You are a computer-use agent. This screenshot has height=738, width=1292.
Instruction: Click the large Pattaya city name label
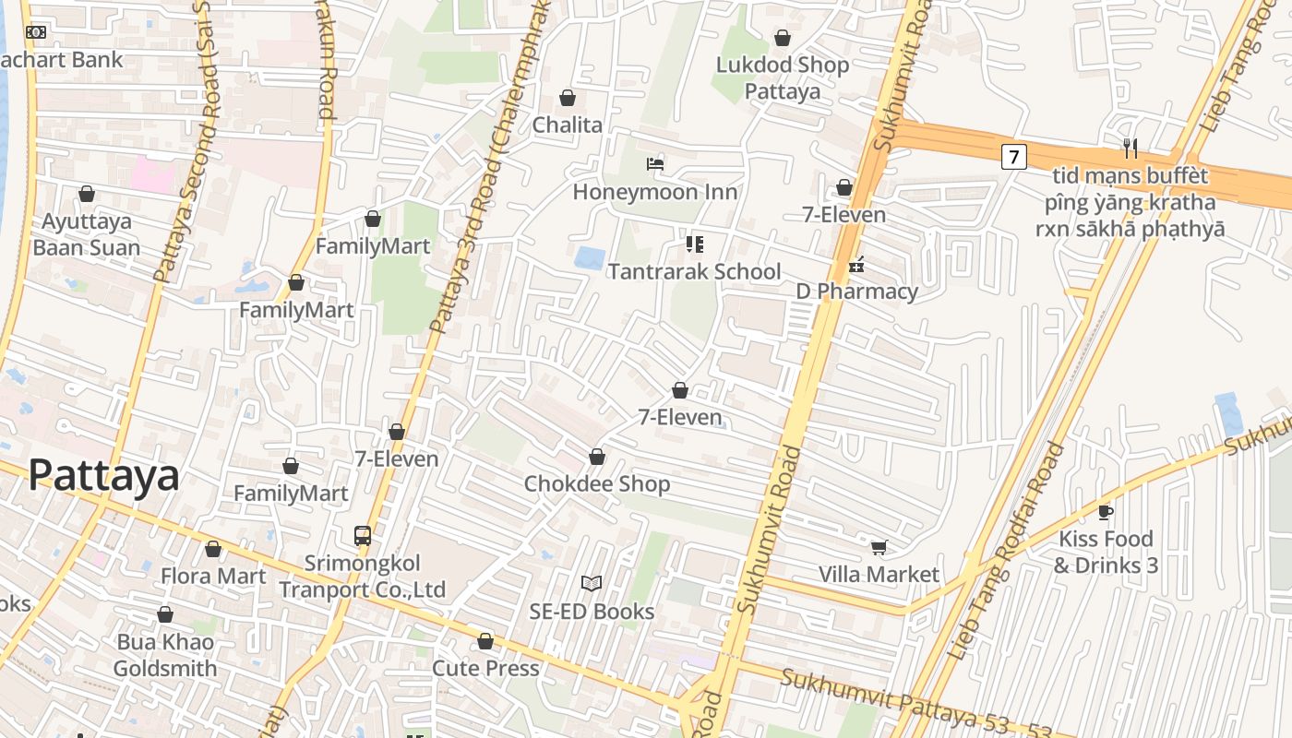tap(103, 476)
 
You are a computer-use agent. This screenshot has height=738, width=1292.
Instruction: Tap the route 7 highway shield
tap(1013, 157)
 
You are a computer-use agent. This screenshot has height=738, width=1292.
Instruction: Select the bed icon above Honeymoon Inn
tap(655, 165)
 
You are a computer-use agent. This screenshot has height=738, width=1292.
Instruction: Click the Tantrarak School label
tap(694, 271)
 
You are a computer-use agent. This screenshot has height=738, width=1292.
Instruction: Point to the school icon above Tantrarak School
tap(695, 244)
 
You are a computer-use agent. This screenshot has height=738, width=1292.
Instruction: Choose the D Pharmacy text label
tap(857, 292)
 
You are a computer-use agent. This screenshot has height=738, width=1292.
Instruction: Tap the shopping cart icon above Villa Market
tap(879, 547)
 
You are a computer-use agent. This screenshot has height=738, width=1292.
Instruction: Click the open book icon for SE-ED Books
tap(592, 583)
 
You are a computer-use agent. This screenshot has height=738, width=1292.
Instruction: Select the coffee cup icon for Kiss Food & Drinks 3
tap(1106, 512)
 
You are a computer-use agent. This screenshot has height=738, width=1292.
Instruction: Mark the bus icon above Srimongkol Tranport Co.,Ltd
tap(363, 535)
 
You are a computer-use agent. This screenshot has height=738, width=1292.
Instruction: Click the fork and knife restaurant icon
tap(1130, 147)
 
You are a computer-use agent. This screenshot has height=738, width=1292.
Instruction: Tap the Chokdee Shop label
tap(597, 483)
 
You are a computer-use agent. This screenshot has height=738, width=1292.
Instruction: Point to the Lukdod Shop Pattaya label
tap(783, 77)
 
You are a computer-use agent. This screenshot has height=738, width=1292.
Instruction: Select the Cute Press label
tap(485, 667)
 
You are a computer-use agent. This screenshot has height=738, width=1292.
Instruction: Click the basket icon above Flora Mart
tap(213, 549)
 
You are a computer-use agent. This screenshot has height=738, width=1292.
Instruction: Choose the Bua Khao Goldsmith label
tap(165, 655)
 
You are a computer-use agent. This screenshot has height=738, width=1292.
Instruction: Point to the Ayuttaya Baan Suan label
tap(87, 234)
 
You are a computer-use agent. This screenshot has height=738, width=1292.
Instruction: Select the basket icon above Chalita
tap(568, 98)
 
